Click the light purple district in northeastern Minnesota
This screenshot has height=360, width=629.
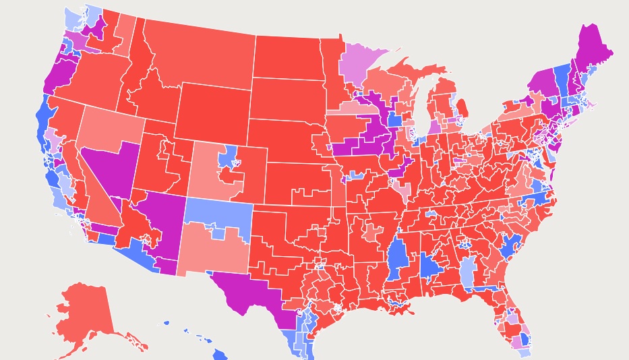(367, 64)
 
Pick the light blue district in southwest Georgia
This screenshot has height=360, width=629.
(467, 273)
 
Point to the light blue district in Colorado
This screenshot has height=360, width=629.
(227, 157)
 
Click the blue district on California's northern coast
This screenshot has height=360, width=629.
(42, 118)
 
